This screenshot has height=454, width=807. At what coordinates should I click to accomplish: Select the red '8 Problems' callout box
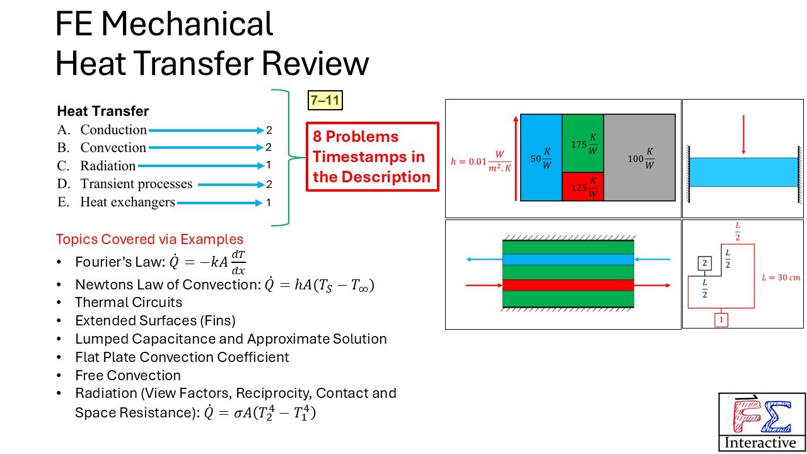[x=372, y=157]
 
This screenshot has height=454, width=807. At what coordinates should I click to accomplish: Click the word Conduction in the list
[x=113, y=130]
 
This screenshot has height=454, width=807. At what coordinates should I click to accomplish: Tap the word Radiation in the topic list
[x=108, y=166]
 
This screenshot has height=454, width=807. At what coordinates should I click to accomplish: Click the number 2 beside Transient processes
[x=269, y=184]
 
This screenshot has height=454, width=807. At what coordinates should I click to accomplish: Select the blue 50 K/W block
[x=540, y=158]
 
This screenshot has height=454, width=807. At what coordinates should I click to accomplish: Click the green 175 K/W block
[x=583, y=143]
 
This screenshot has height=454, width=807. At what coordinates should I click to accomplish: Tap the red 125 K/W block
[x=583, y=187]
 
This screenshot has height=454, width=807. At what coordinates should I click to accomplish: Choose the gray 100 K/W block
[x=639, y=158]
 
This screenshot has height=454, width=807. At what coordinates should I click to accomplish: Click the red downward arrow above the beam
[x=744, y=135]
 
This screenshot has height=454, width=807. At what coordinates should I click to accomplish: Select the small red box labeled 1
[x=722, y=320]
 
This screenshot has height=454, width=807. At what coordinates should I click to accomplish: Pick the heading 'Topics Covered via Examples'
[x=149, y=240]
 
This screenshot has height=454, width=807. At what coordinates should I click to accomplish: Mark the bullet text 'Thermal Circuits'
[x=129, y=303]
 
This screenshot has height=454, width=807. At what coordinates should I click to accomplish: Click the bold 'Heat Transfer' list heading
[x=103, y=112]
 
